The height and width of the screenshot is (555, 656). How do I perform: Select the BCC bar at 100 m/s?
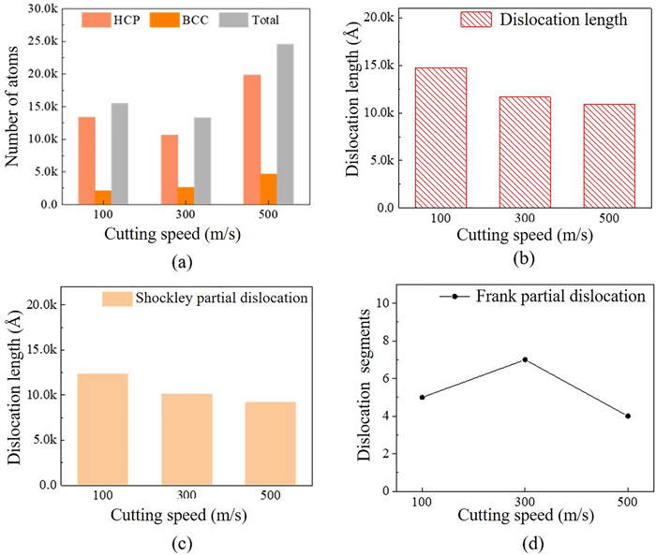point(103,197)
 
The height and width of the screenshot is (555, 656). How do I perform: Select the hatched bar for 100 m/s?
point(440,137)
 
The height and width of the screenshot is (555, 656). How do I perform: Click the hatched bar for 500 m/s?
point(609,155)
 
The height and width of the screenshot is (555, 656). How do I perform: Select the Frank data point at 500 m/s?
point(627,416)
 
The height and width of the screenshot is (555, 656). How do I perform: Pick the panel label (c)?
point(192,541)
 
